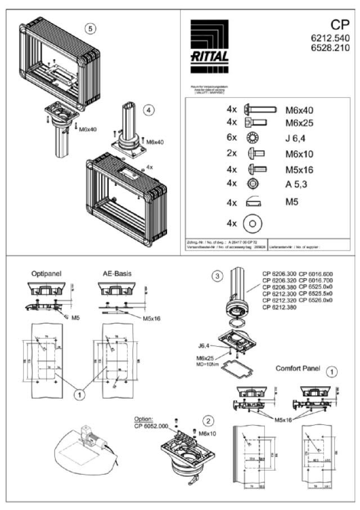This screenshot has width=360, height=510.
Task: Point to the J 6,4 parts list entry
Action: pos(296,138)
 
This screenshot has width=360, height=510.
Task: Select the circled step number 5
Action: pos(91,28)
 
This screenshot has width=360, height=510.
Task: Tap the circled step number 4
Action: pos(148,110)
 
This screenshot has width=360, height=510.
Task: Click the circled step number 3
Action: pos(216,276)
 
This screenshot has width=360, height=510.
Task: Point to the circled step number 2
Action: pos(208,420)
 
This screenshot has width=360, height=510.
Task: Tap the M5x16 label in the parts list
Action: pos(299,169)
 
